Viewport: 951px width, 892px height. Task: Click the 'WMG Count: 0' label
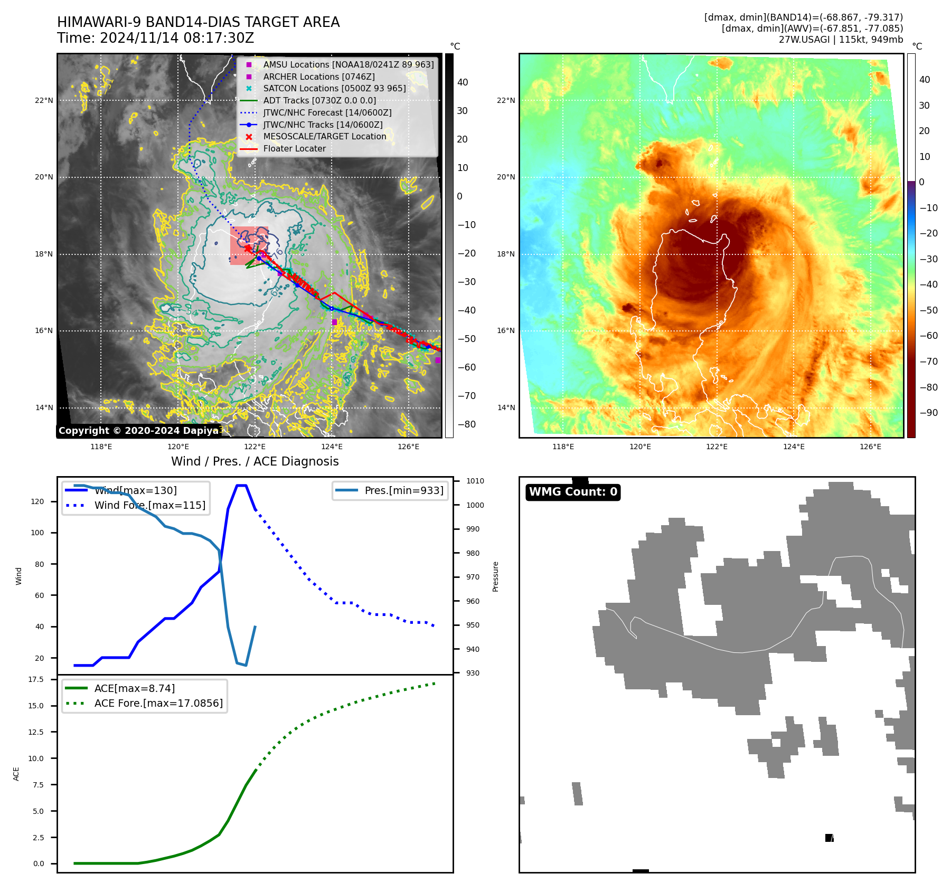[x=573, y=492]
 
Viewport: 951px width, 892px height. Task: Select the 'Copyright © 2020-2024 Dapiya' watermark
[x=138, y=431]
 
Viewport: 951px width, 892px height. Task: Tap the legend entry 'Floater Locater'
[x=294, y=149]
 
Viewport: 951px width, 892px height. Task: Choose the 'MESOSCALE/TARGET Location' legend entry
[x=324, y=137]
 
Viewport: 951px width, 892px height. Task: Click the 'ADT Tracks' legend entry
[x=319, y=101]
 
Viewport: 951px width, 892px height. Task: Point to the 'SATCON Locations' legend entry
[x=334, y=89]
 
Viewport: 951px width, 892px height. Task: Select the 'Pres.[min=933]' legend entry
[x=403, y=491]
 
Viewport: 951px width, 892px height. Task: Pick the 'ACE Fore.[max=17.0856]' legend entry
[x=158, y=704]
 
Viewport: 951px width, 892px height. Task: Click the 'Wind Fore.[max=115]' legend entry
[x=149, y=506]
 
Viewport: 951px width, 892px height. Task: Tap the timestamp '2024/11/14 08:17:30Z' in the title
[x=176, y=39]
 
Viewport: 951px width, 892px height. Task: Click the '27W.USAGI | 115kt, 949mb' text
[x=841, y=40]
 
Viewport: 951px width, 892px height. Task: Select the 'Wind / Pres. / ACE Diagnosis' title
[x=255, y=461]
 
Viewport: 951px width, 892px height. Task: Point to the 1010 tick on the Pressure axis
[x=475, y=481]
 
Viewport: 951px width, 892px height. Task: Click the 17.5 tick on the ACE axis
[x=36, y=680]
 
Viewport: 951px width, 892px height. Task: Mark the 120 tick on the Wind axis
[x=37, y=502]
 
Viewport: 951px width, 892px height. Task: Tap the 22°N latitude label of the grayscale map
[x=44, y=101]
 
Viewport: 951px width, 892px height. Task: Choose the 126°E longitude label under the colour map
[x=870, y=447]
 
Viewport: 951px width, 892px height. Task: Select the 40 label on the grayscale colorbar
[x=463, y=82]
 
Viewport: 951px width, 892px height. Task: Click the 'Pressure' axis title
[x=496, y=577]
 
